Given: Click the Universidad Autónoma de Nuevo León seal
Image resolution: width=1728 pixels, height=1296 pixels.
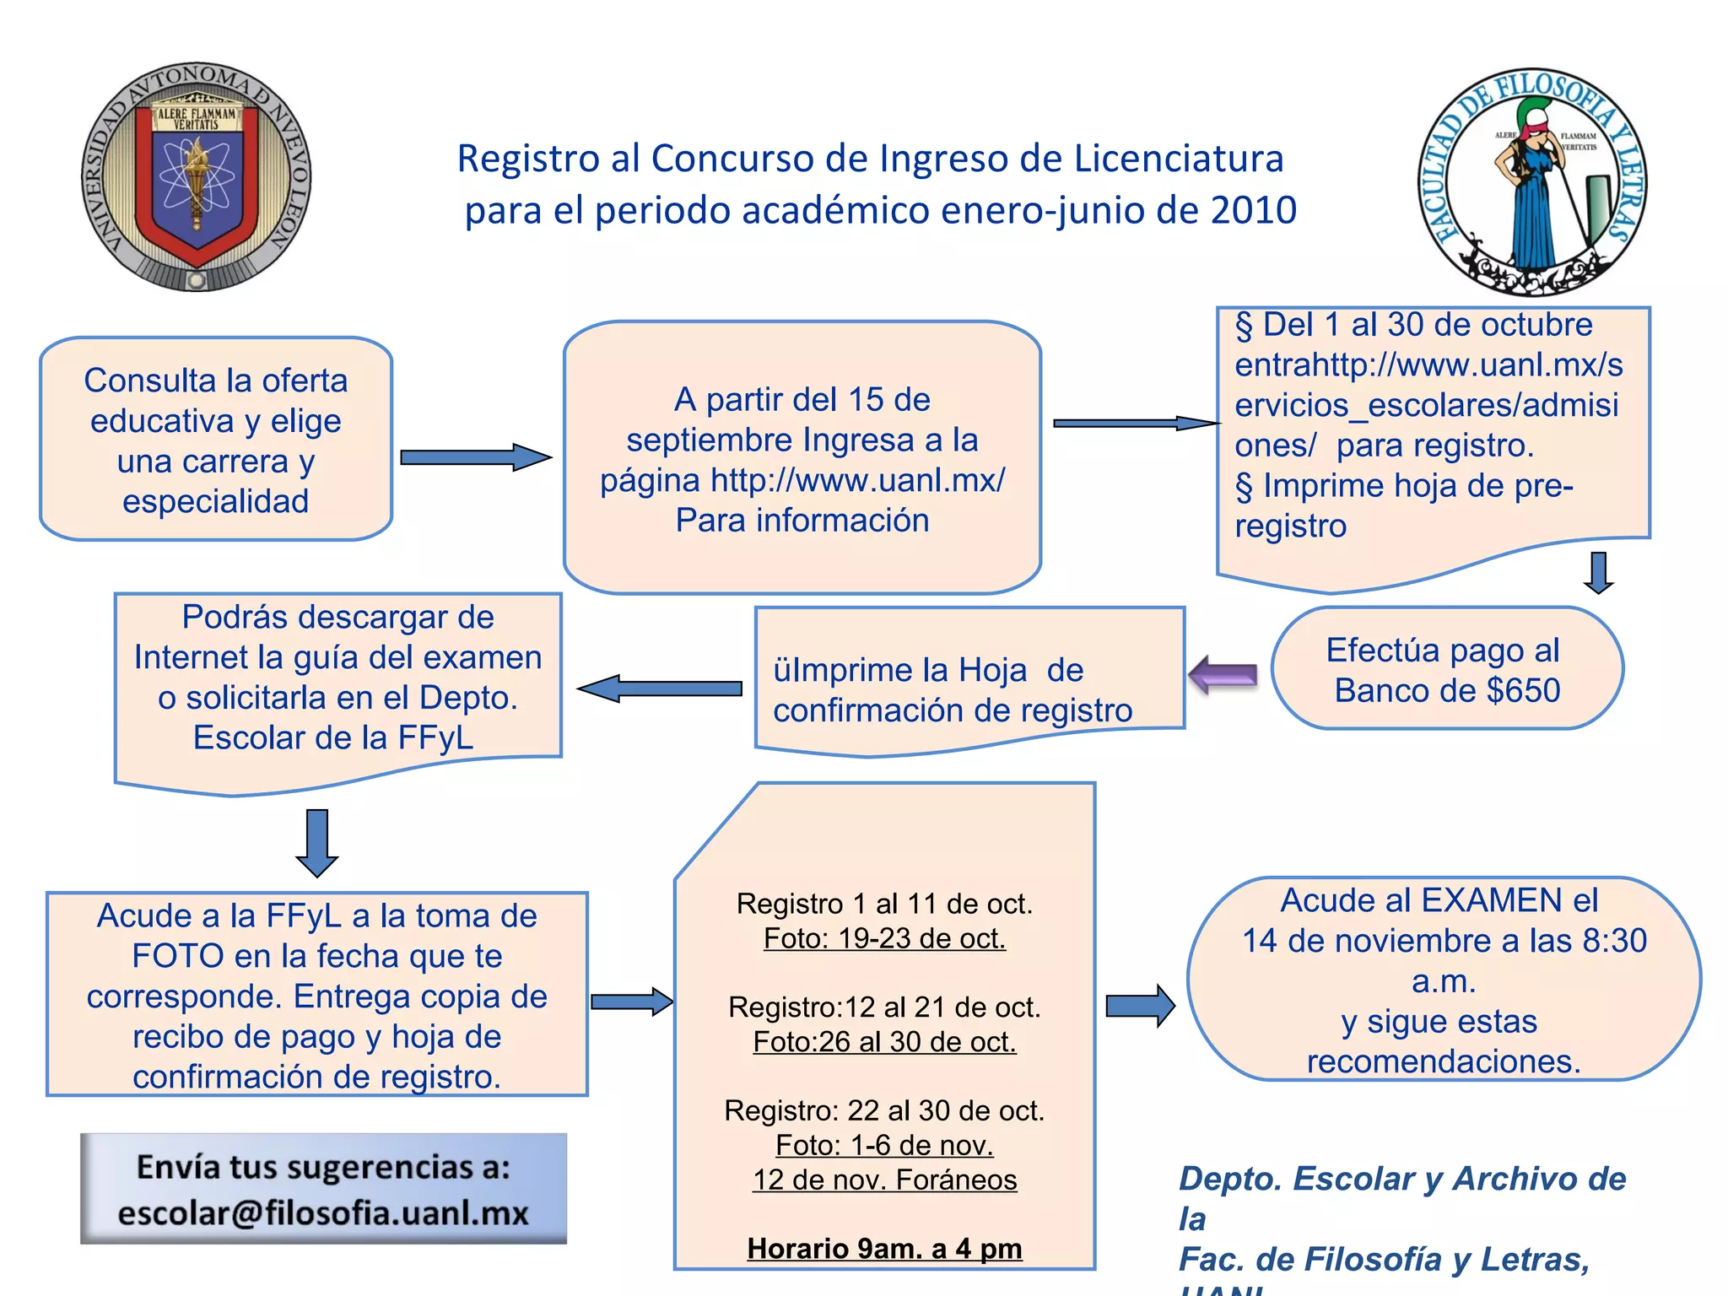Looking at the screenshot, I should tap(197, 177).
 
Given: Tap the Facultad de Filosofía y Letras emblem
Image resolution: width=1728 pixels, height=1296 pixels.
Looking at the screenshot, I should tap(1532, 182).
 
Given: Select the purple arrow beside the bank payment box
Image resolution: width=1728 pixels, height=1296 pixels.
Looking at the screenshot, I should tap(1223, 675).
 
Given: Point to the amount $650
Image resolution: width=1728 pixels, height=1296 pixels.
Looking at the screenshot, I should tap(1523, 691).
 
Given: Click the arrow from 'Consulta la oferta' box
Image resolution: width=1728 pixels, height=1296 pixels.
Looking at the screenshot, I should tap(475, 457).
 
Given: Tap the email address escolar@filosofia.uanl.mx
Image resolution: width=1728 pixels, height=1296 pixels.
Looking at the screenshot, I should tap(323, 1213).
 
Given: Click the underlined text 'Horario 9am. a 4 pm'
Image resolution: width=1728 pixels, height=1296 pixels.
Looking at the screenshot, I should tap(884, 1249).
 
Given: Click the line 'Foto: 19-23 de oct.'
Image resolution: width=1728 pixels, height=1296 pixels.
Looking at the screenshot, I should tap(884, 938).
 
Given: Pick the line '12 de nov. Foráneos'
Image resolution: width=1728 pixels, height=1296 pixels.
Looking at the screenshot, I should tap(884, 1180).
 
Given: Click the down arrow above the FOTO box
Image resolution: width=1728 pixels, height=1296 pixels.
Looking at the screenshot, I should tap(317, 843).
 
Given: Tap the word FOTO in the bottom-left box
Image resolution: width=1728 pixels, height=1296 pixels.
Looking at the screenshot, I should tap(178, 956).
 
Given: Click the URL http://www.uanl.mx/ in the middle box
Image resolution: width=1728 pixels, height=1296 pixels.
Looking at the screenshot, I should tap(857, 480).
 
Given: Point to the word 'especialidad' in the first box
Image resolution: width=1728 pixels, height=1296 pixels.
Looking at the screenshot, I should tap(215, 501).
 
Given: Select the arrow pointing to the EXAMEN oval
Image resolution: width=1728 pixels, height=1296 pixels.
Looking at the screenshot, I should tap(1140, 1006).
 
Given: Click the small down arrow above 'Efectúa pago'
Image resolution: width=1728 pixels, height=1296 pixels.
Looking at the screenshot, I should tap(1598, 573).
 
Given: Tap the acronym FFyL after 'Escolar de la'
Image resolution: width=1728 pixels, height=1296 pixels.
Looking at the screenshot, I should tap(435, 738).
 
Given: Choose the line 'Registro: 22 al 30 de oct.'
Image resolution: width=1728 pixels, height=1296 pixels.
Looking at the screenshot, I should tap(884, 1110).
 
